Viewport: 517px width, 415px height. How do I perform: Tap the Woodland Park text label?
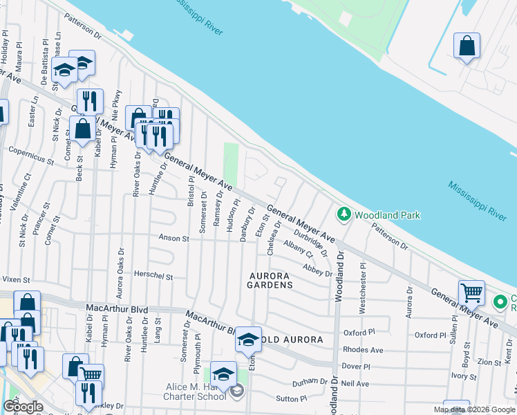pyautogui.click(x=388, y=215)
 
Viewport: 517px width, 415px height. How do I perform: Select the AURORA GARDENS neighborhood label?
pyautogui.click(x=271, y=279)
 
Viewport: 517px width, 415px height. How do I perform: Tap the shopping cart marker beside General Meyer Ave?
pyautogui.click(x=471, y=292)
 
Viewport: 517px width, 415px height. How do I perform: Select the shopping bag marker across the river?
pyautogui.click(x=467, y=46)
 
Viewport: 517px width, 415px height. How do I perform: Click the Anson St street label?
pyautogui.click(x=174, y=239)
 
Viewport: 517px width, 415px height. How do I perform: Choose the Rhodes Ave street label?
pyautogui.click(x=363, y=350)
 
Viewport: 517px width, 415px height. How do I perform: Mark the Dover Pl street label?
pyautogui.click(x=357, y=366)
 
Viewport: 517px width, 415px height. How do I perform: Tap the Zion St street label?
pyautogui.click(x=489, y=362)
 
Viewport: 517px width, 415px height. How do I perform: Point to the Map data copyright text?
pyautogui.click(x=473, y=409)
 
